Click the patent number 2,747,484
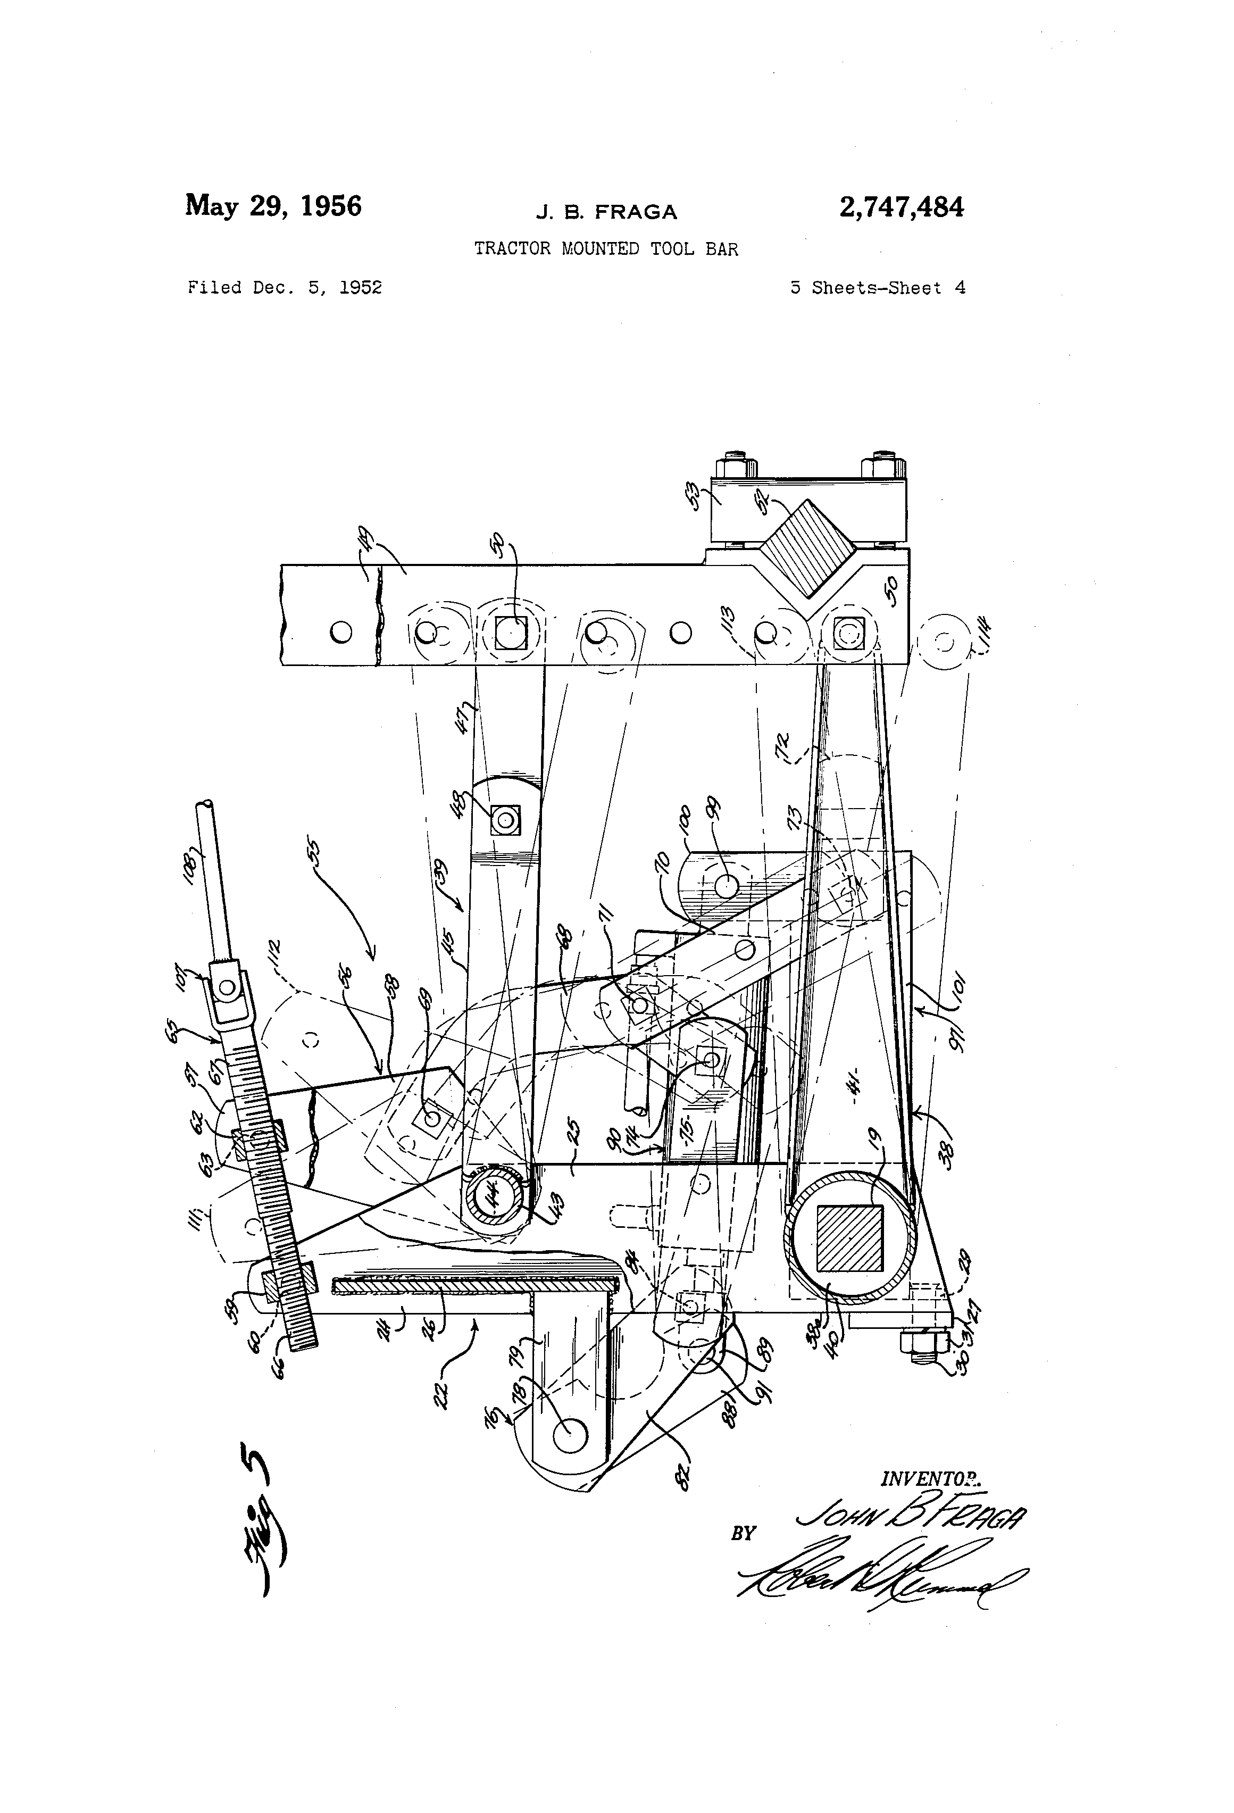(901, 207)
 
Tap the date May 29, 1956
(273, 206)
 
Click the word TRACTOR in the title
(512, 249)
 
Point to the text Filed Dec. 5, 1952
(285, 288)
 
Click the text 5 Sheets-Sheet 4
(878, 288)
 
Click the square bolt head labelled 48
(503, 820)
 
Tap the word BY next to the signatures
(743, 1534)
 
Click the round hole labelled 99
(726, 885)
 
